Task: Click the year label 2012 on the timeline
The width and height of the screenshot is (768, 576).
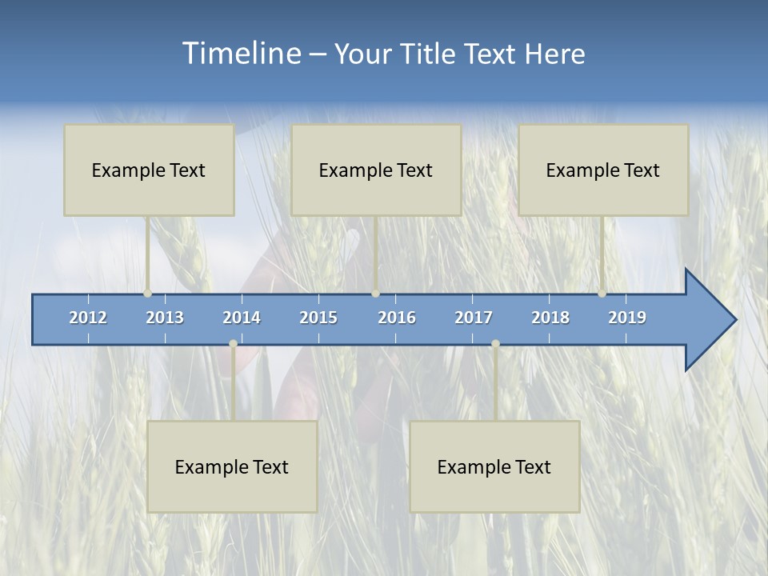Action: [88, 318]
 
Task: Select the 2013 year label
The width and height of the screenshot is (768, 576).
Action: [165, 318]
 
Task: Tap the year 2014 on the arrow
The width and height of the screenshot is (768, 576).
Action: [242, 318]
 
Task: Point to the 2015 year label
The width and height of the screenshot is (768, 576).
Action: [318, 318]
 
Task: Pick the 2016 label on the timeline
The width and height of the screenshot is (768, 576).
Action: [397, 318]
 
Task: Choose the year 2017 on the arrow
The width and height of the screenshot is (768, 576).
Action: [474, 318]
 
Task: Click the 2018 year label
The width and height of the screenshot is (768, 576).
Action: [550, 318]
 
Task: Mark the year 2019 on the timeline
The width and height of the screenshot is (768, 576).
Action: [627, 318]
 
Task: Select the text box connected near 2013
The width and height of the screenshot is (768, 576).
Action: [149, 170]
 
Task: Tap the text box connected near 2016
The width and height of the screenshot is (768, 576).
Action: [376, 170]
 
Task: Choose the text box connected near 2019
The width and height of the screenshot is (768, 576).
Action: [603, 170]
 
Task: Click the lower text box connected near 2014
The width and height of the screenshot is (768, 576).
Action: [232, 466]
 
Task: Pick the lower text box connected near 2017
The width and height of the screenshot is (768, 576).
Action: [494, 466]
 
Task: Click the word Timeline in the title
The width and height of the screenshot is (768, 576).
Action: [240, 54]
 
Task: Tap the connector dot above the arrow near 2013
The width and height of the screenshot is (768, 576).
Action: [148, 294]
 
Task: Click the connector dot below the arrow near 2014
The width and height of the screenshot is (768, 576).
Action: [233, 344]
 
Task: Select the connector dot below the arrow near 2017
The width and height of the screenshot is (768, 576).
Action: [495, 344]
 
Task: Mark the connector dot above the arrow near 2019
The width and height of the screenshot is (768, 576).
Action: [602, 294]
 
